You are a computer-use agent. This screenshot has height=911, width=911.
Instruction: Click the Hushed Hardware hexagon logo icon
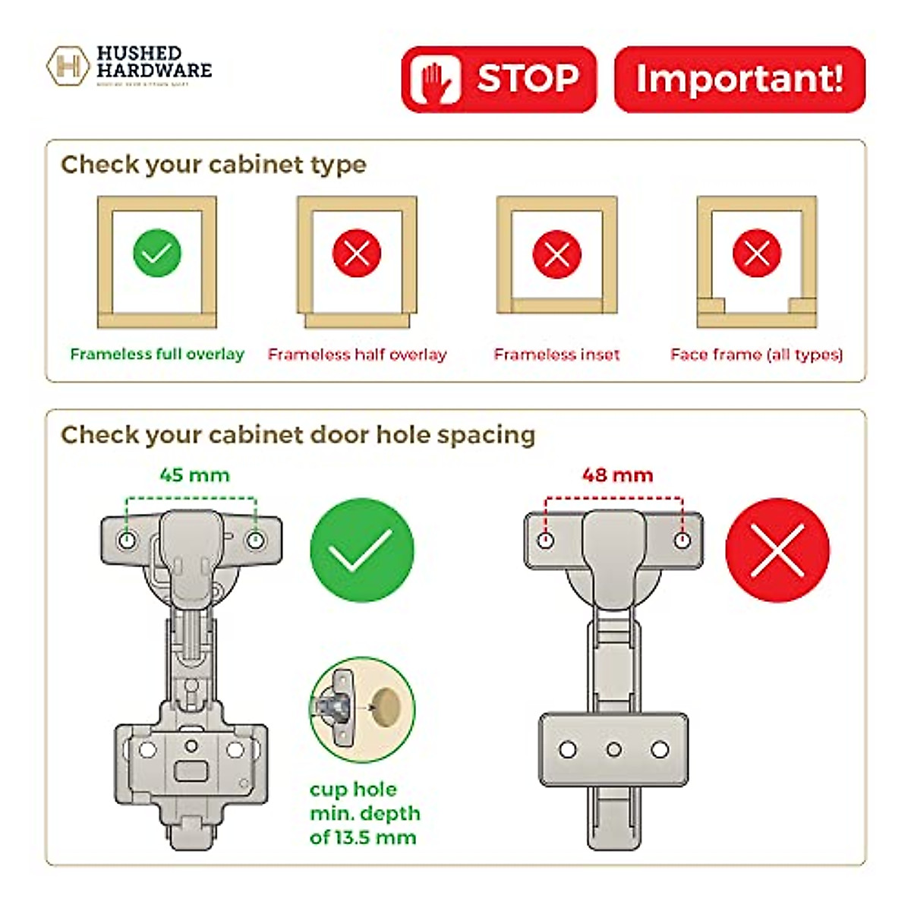[x=68, y=66]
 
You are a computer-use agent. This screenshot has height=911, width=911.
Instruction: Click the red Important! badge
[x=739, y=79]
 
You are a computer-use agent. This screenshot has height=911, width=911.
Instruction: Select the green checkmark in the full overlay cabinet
[x=157, y=253]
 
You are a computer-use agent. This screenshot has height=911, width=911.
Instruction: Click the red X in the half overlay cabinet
[x=357, y=253]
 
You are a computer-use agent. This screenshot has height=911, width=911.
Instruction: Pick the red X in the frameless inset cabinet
[x=556, y=254]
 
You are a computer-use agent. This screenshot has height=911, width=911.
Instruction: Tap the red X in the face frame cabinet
[x=756, y=254]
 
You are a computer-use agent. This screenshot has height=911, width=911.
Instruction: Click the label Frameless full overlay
[x=157, y=354]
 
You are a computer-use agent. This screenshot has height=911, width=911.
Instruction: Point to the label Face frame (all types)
[x=756, y=355]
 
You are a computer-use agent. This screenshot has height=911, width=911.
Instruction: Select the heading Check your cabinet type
[x=213, y=165]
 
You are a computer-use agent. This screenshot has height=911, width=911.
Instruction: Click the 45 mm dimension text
[x=194, y=475]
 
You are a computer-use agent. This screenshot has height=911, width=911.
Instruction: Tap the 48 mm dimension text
[x=617, y=475]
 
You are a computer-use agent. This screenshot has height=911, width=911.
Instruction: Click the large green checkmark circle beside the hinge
[x=362, y=550]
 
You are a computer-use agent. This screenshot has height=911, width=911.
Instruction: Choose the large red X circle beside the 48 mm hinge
[x=777, y=550]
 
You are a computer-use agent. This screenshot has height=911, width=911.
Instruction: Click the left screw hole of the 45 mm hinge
[x=127, y=540]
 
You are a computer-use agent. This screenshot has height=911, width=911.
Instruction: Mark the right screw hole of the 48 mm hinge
[x=682, y=541]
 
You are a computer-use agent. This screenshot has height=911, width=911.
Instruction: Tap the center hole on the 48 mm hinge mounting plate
[x=613, y=750]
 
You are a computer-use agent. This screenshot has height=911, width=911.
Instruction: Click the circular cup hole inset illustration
[x=362, y=710]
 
